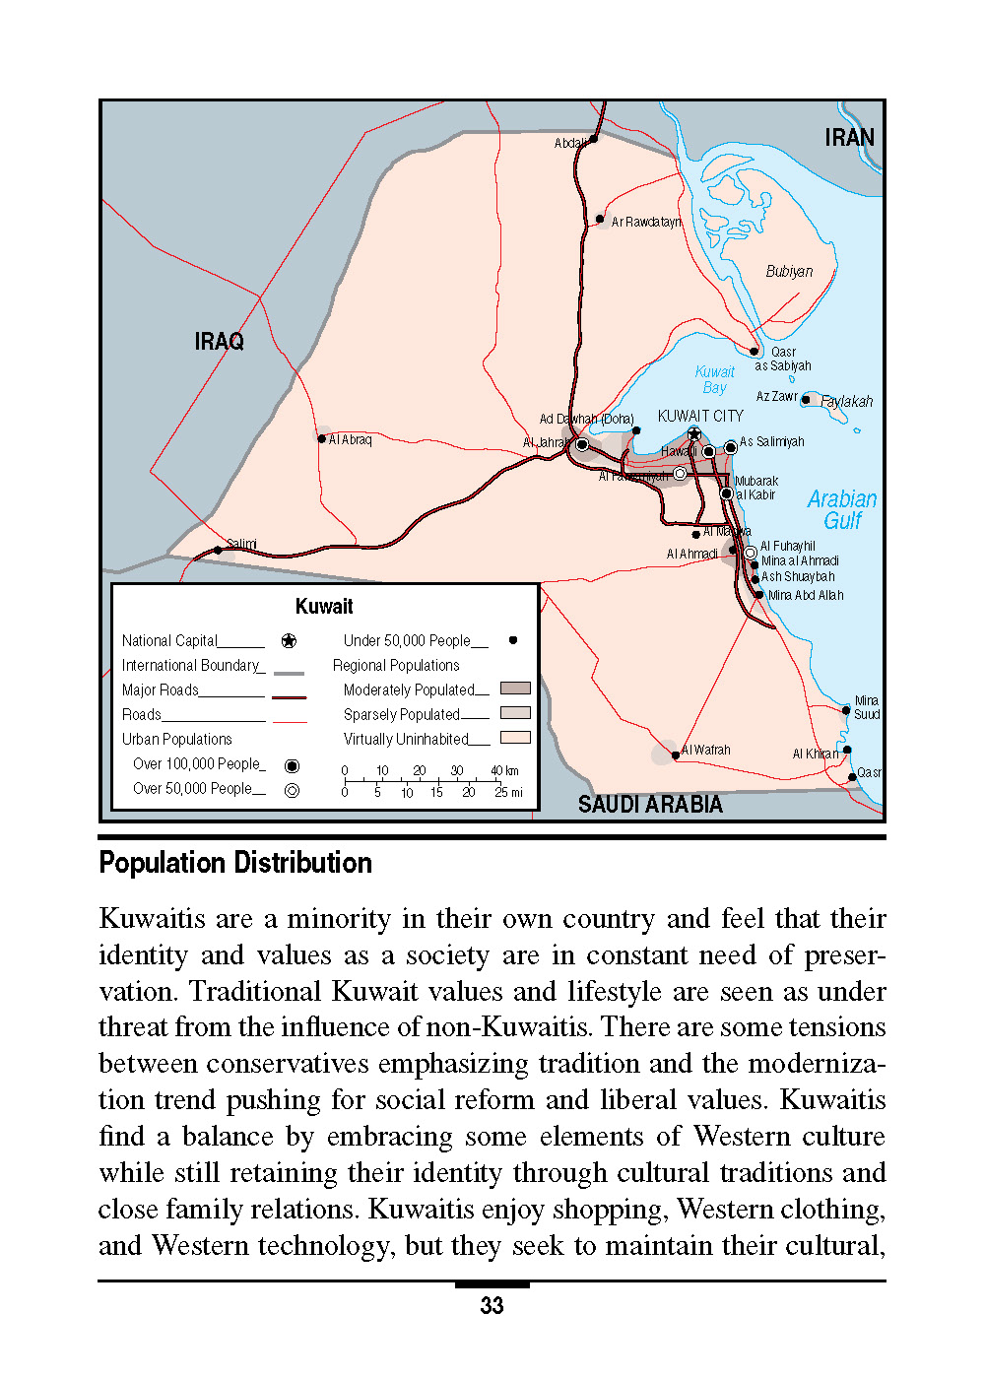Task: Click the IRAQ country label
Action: (x=219, y=342)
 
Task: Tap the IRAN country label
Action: (x=849, y=138)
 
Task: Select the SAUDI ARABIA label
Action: (x=650, y=805)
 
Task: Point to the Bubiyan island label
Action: (x=789, y=272)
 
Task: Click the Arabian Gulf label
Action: (x=842, y=509)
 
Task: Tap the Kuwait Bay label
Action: (x=714, y=379)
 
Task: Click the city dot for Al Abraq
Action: (x=322, y=439)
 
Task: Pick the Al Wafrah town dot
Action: (x=675, y=755)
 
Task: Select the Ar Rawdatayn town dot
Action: (x=600, y=220)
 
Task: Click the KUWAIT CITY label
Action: (x=700, y=416)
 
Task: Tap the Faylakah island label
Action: (x=846, y=401)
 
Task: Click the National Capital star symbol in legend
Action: (x=289, y=641)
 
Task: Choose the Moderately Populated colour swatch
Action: (x=515, y=689)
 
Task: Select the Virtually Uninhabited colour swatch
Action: (x=515, y=737)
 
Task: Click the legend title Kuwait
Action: (x=324, y=607)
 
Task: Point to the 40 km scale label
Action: (x=504, y=771)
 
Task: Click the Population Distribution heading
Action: (x=235, y=864)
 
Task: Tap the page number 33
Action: (x=492, y=1306)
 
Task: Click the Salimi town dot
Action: (x=218, y=550)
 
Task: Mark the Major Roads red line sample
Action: (x=289, y=696)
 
